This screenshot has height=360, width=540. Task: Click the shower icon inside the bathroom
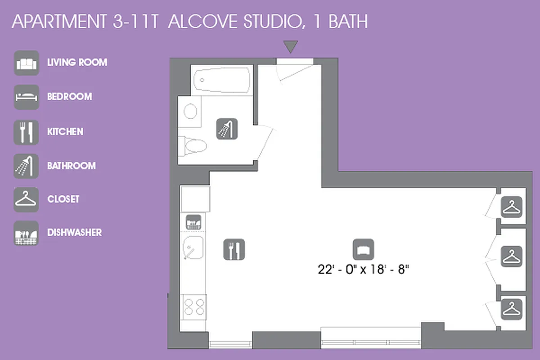tap(227, 128)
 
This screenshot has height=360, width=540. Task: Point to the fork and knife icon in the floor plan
tap(234, 249)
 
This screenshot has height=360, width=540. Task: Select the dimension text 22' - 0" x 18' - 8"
tap(366, 270)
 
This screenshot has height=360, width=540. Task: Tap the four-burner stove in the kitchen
tap(194, 307)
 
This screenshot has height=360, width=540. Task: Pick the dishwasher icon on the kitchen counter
tap(193, 221)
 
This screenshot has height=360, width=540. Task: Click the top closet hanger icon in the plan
tap(511, 207)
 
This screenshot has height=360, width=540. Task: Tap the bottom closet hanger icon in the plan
tap(511, 309)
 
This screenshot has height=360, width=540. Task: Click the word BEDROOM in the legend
tap(69, 97)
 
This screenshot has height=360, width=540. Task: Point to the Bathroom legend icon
tap(26, 166)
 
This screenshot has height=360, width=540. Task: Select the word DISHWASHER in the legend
tap(74, 233)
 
